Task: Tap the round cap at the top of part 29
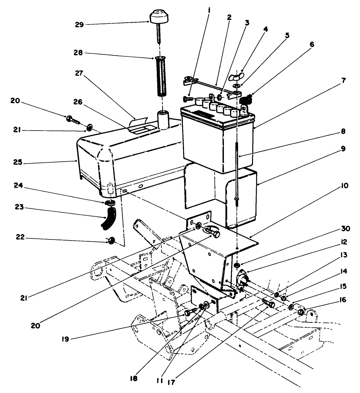159,17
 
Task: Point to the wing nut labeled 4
234,76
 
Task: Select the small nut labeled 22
112,241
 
